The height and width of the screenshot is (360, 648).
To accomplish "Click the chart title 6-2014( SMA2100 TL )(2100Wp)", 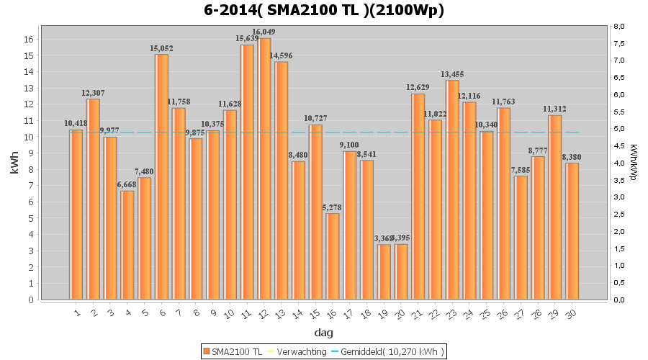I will [324, 10].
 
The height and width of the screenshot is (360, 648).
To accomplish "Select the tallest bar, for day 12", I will [265, 169].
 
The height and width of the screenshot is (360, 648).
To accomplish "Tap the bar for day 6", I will [161, 177].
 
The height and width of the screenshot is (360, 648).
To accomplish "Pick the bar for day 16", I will [333, 256].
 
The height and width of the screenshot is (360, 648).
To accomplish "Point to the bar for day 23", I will [452, 190].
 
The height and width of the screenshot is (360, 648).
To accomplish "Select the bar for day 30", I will [572, 231].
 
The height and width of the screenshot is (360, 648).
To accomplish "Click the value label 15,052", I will [161, 48].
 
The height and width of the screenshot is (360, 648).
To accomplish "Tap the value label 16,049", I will [264, 32].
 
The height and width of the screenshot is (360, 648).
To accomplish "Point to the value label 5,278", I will [332, 207].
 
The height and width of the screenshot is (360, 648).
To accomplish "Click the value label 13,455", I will [452, 74].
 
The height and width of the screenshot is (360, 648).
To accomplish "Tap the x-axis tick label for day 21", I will [417, 313].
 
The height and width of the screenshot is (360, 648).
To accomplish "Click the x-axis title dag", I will [323, 333].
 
